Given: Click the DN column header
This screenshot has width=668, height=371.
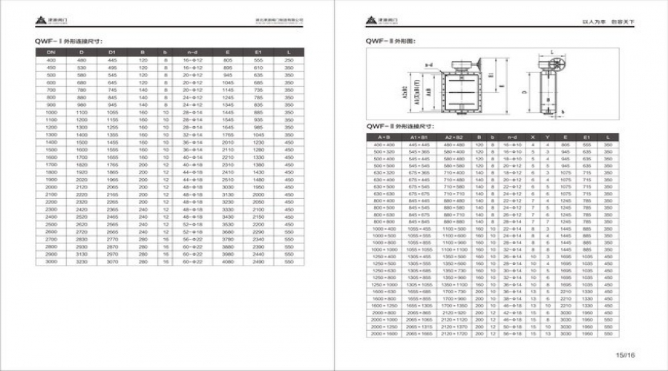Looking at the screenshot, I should [52, 53].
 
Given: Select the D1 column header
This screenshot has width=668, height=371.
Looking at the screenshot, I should [112, 53].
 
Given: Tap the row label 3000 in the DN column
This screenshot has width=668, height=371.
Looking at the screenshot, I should [52, 261].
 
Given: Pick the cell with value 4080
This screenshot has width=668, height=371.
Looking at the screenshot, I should [228, 261].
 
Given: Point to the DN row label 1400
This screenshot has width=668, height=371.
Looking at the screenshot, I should [52, 141].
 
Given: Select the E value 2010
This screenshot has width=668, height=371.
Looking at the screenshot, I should [228, 141].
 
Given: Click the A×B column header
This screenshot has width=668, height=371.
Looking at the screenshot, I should [383, 137].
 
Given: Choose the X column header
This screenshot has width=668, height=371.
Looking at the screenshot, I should [533, 137].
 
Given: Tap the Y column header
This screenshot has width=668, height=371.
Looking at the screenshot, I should [548, 137].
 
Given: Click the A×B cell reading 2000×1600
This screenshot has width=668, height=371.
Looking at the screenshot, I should [383, 334].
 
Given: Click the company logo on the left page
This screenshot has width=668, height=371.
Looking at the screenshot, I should [45, 21].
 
